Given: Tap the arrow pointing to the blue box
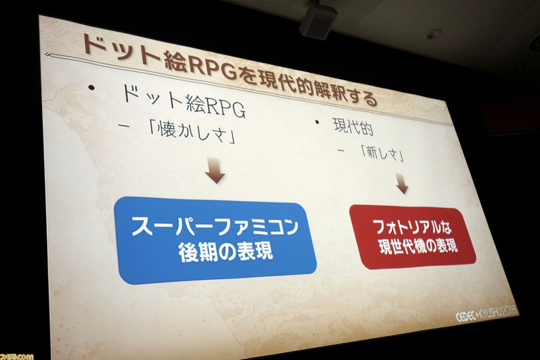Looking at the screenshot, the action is pyautogui.click(x=215, y=170).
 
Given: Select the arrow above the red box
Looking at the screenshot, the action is pyautogui.click(x=402, y=183).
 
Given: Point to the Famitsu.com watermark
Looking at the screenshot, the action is pyautogui.click(x=16, y=356).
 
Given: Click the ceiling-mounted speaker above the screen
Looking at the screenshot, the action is pyautogui.click(x=318, y=20).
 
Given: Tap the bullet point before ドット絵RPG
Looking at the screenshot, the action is pyautogui.click(x=91, y=88).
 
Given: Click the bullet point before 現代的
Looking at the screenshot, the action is pyautogui.click(x=317, y=122).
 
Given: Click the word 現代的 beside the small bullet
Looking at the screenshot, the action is pyautogui.click(x=354, y=127).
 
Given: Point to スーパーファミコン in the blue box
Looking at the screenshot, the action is pyautogui.click(x=215, y=227).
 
